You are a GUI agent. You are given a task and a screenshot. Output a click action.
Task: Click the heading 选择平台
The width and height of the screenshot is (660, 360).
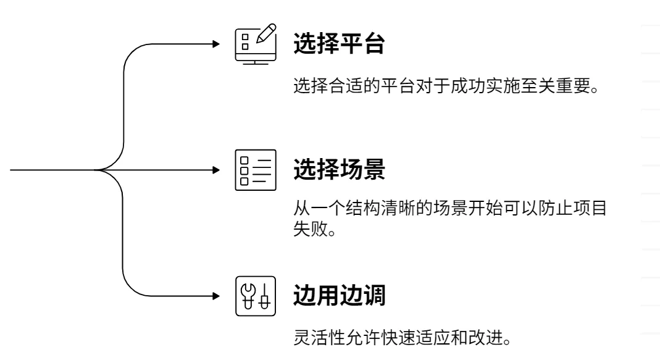[339, 43]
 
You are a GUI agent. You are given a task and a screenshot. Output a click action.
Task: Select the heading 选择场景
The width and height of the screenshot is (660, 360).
[339, 169]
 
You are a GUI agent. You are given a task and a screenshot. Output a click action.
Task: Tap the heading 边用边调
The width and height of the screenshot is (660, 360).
[339, 295]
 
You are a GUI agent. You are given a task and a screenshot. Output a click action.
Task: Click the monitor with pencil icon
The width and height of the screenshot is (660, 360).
[256, 44]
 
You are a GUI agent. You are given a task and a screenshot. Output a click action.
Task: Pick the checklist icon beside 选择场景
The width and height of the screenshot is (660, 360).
[256, 170]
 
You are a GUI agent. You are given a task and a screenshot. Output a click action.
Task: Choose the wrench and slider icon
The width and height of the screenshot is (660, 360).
[256, 296]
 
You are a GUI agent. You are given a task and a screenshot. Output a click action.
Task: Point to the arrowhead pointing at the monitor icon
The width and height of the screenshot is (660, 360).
[216, 44]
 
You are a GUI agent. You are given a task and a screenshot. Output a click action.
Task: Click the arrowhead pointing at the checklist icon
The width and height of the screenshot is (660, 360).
[216, 170]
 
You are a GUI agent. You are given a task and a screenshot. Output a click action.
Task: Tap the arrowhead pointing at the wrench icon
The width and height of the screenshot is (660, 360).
[216, 296]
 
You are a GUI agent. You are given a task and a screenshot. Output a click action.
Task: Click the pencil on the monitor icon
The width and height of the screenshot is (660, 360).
[267, 33]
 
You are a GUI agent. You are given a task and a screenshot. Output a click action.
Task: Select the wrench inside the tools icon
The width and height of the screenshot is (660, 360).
[248, 296]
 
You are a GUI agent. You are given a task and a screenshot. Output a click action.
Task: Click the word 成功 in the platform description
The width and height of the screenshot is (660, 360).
[468, 86]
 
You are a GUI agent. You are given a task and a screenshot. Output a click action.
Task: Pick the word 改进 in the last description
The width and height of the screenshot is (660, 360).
[485, 338]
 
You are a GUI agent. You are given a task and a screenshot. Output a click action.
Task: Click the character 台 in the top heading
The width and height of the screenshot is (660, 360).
[374, 43]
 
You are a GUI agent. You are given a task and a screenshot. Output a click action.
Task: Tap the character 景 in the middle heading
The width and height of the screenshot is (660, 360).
[374, 169]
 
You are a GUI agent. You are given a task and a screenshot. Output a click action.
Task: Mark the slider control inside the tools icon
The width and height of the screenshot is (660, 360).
[265, 296]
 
